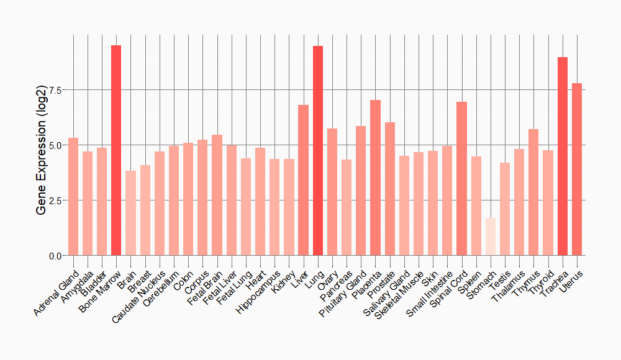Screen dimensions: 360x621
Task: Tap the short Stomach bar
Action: click(491, 236)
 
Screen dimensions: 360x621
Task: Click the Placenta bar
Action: click(375, 178)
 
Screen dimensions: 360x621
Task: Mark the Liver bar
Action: click(303, 180)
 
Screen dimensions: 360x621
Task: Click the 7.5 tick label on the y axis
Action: click(55, 91)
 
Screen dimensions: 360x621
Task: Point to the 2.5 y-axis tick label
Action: click(55, 200)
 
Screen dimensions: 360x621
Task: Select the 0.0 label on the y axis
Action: click(55, 256)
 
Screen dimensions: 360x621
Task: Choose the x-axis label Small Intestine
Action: click(429, 295)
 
